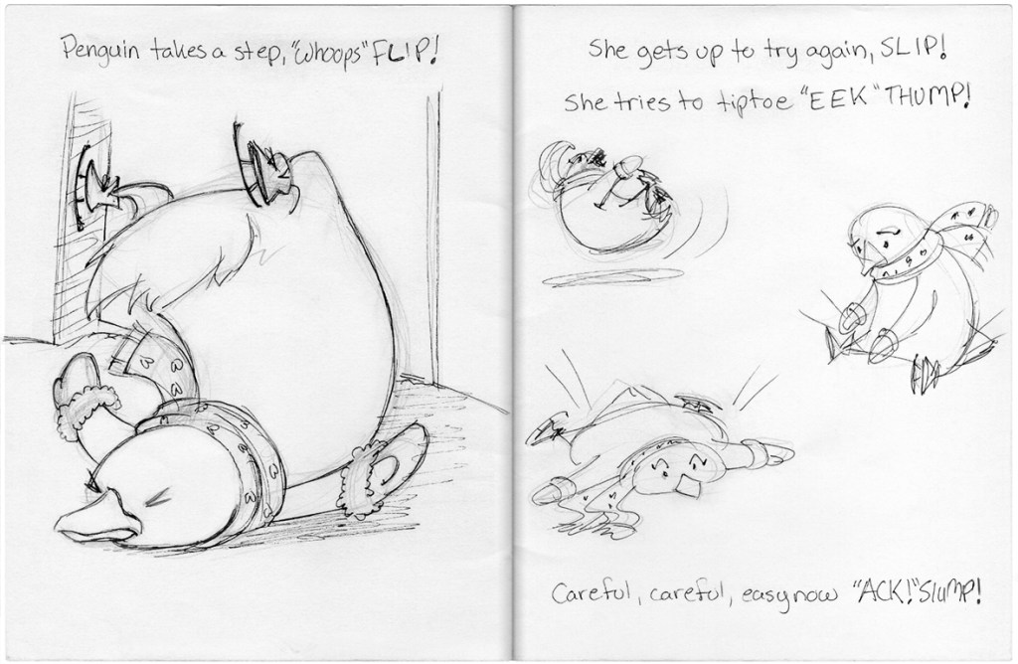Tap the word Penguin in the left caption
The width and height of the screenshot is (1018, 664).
tap(100, 50)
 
